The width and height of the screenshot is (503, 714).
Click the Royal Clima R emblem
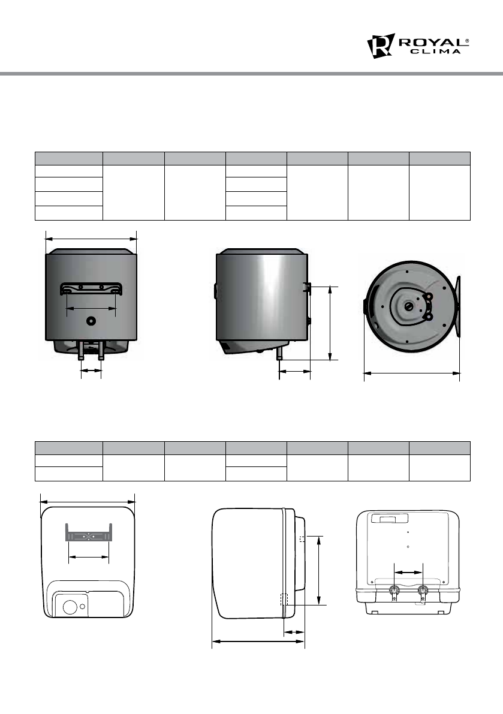381,46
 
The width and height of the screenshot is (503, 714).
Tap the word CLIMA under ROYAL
436,52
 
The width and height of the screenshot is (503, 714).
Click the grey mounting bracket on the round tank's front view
91,289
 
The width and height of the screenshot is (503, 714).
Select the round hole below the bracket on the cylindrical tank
91,321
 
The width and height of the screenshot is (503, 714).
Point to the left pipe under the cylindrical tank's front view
81,351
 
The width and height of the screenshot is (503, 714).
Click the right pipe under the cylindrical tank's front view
101,351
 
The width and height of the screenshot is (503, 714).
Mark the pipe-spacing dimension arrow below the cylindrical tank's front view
91,370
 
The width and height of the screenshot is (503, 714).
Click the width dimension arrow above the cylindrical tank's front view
91,238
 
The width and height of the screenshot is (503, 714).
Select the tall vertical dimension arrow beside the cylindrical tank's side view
330,323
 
